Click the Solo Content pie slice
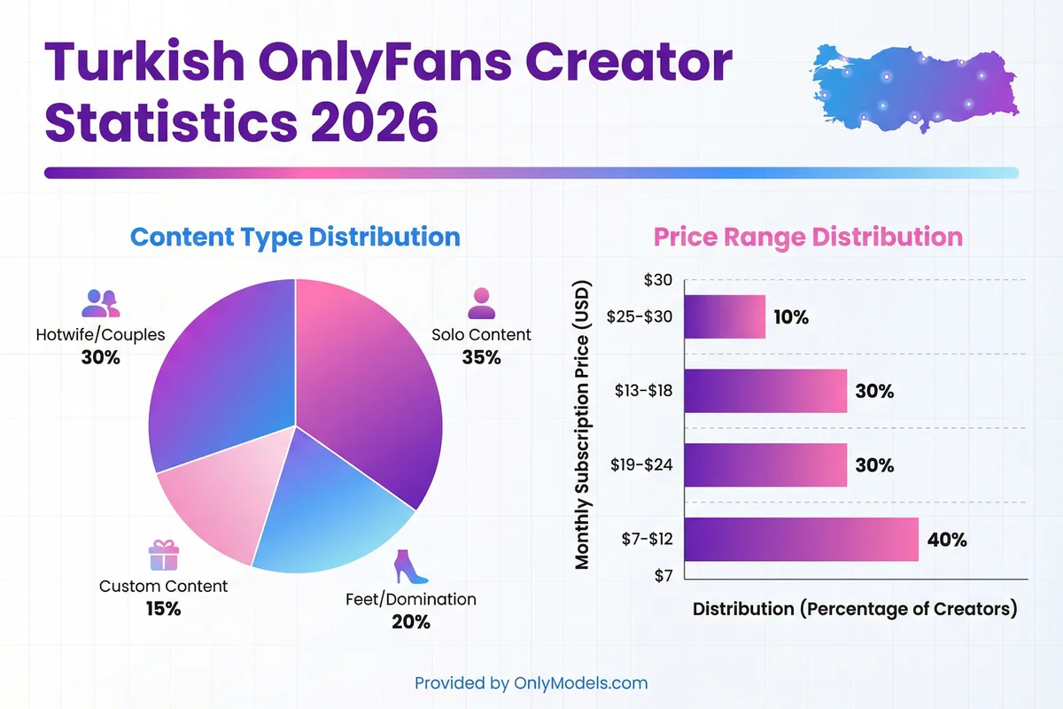[372, 381]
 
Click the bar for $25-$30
[725, 316]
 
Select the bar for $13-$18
[765, 391]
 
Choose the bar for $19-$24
[765, 465]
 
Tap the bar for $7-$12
[801, 540]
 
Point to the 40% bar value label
[947, 540]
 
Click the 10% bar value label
[789, 316]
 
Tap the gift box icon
[163, 556]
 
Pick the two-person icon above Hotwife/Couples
[100, 303]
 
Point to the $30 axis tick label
[658, 281]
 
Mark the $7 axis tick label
[663, 576]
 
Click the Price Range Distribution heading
[807, 237]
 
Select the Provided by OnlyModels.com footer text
[531, 683]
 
